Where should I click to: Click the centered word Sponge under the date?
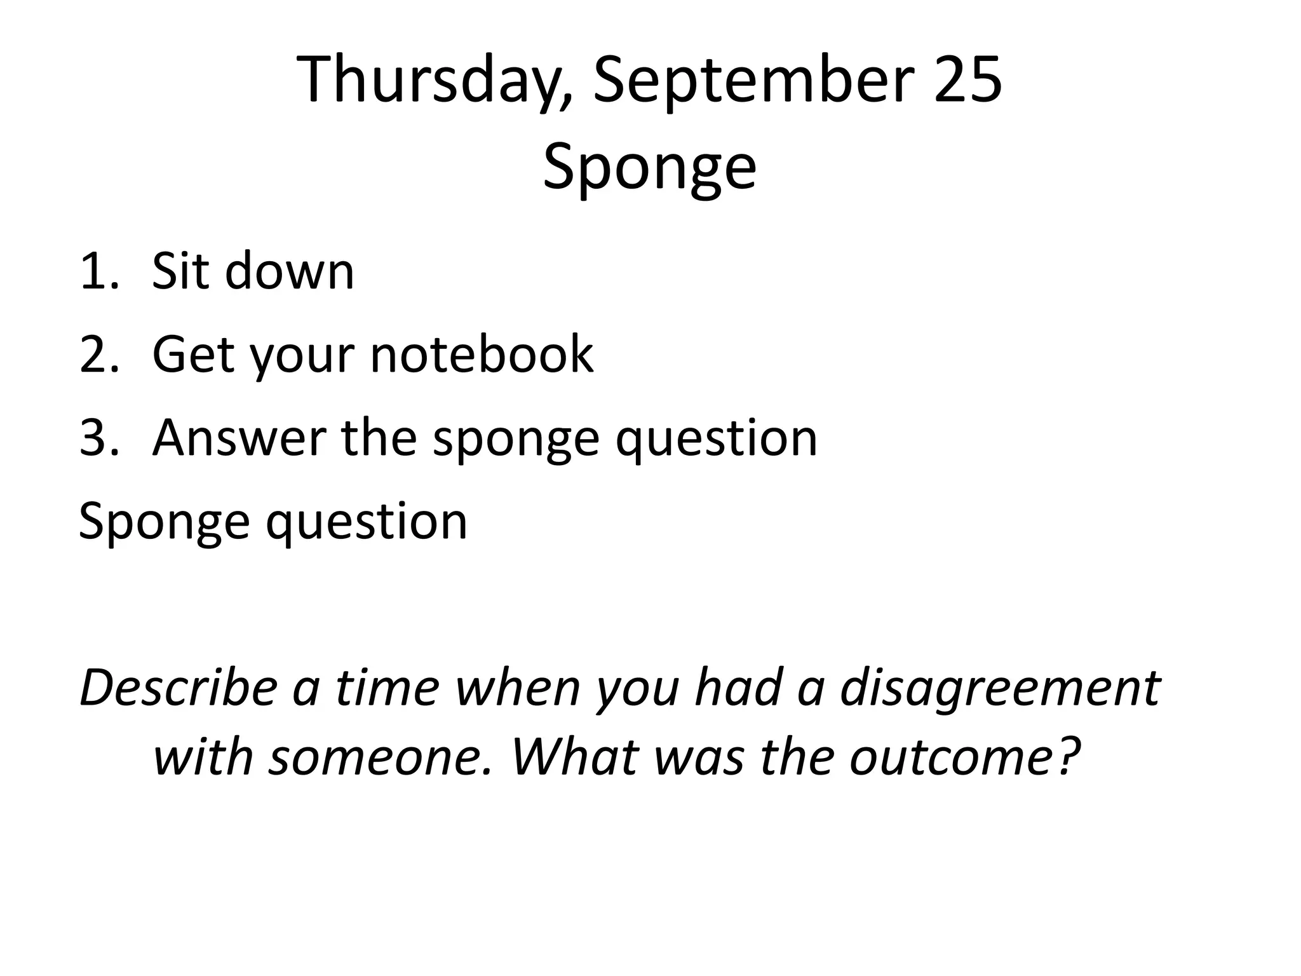pyautogui.click(x=649, y=166)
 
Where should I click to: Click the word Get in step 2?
pyautogui.click(x=193, y=355)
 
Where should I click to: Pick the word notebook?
pyautogui.click(x=482, y=355)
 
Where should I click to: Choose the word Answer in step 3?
pyautogui.click(x=239, y=438)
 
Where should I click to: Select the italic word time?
pyautogui.click(x=388, y=689)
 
